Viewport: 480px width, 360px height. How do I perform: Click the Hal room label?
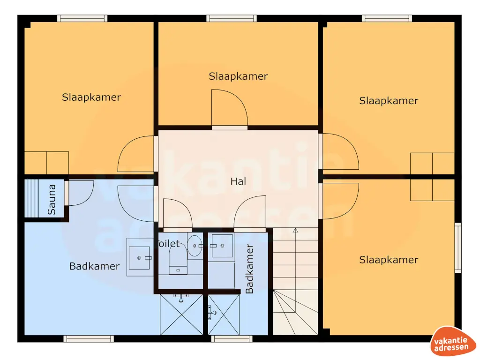pyautogui.click(x=238, y=181)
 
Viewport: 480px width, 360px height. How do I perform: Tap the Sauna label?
pyautogui.click(x=52, y=199)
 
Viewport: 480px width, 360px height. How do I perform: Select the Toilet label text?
pyautogui.click(x=169, y=244)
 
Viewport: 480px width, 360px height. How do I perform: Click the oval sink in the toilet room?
pyautogui.click(x=195, y=246)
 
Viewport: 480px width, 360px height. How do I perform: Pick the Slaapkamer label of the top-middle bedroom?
pyautogui.click(x=238, y=76)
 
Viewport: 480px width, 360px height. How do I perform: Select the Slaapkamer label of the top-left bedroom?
pyautogui.click(x=91, y=97)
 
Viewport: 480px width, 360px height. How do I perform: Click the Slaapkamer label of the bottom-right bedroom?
pyautogui.click(x=389, y=260)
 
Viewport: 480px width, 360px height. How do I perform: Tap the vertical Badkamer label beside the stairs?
pyautogui.click(x=249, y=269)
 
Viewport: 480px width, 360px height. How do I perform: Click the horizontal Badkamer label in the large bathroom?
pyautogui.click(x=94, y=266)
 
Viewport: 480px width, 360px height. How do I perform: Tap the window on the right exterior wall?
pyautogui.click(x=458, y=248)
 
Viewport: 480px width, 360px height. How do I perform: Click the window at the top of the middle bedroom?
pyautogui.click(x=232, y=18)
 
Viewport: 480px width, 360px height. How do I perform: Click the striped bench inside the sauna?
pyautogui.click(x=31, y=198)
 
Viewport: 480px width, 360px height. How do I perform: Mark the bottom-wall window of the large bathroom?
pyautogui.click(x=89, y=338)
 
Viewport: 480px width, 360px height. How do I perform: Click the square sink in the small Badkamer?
pyautogui.click(x=222, y=246)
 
